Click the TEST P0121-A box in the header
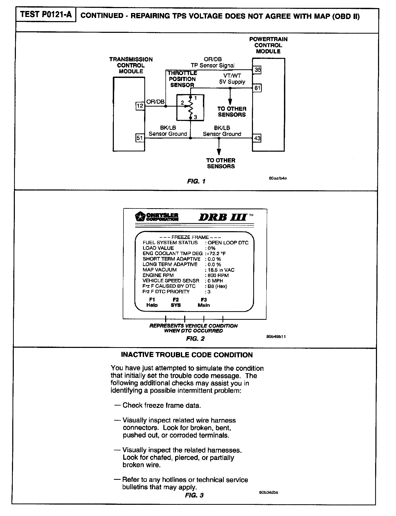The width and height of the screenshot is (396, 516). pyautogui.click(x=46, y=15)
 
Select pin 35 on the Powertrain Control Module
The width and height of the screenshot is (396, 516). pyautogui.click(x=257, y=70)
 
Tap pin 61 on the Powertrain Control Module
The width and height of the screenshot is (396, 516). pyautogui.click(x=257, y=88)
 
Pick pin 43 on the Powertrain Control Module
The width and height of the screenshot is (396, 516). pyautogui.click(x=257, y=138)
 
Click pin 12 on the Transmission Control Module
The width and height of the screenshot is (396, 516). pyautogui.click(x=140, y=106)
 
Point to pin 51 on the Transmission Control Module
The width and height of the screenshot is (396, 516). pyautogui.click(x=140, y=138)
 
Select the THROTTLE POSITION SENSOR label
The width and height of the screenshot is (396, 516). pyautogui.click(x=182, y=79)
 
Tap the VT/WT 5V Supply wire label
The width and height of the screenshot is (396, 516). pyautogui.click(x=232, y=79)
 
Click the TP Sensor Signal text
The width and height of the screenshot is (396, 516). pyautogui.click(x=213, y=66)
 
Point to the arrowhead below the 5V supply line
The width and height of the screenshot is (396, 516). pyautogui.click(x=230, y=102)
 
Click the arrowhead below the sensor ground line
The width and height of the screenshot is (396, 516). pyautogui.click(x=219, y=152)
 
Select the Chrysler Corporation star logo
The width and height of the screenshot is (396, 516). pyautogui.click(x=139, y=216)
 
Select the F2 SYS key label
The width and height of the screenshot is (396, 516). pyautogui.click(x=176, y=302)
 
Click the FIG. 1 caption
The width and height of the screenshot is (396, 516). pyautogui.click(x=196, y=181)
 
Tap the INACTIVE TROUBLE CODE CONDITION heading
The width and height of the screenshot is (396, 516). pyautogui.click(x=187, y=355)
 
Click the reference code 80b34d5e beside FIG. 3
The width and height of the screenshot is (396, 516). pyautogui.click(x=269, y=493)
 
